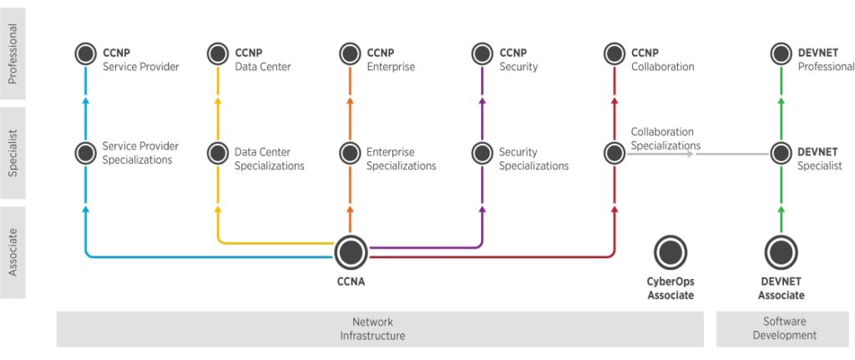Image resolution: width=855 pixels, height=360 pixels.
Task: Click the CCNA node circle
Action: (351, 252)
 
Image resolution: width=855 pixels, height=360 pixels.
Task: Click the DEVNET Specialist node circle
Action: (781, 153)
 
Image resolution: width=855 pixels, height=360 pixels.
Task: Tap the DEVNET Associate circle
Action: (781, 252)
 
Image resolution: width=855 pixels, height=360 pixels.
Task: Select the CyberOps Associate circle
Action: (670, 252)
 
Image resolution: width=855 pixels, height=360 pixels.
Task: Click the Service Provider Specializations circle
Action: (85, 153)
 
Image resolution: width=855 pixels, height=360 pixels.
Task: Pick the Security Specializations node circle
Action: (482, 153)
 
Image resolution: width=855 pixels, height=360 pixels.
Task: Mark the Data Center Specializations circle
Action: (218, 153)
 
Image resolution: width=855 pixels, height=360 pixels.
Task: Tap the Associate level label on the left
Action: (13, 252)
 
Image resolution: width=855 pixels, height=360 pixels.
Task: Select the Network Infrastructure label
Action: (372, 328)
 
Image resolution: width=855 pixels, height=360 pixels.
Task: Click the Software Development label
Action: (781, 328)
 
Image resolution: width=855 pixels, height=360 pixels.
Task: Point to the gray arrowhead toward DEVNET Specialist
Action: (691, 154)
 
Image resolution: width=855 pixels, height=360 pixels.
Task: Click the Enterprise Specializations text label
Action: (401, 159)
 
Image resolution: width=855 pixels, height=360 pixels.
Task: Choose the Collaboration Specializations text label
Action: (665, 139)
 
